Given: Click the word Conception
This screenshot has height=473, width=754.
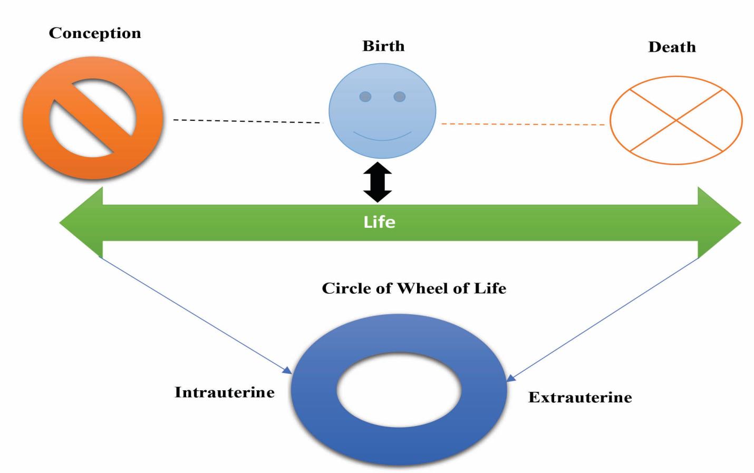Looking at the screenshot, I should click(95, 33).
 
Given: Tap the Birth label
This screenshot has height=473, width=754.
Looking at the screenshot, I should click(383, 46).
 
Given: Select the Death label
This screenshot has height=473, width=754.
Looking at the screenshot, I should click(672, 47).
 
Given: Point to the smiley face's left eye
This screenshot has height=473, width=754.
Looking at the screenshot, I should click(365, 96).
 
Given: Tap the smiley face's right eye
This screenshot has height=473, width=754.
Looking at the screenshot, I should click(400, 96).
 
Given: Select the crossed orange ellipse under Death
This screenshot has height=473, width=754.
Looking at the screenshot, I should click(676, 120).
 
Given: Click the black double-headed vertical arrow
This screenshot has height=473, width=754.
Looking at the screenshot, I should click(378, 182).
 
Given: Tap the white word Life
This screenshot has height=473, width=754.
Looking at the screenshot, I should click(379, 222).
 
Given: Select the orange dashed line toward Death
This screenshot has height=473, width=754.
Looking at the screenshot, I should click(522, 124).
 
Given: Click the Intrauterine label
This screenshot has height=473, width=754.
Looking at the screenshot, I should click(225, 392).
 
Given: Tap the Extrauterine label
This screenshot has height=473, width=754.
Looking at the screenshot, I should click(580, 397).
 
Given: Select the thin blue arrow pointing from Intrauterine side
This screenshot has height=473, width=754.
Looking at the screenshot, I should click(195, 315).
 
